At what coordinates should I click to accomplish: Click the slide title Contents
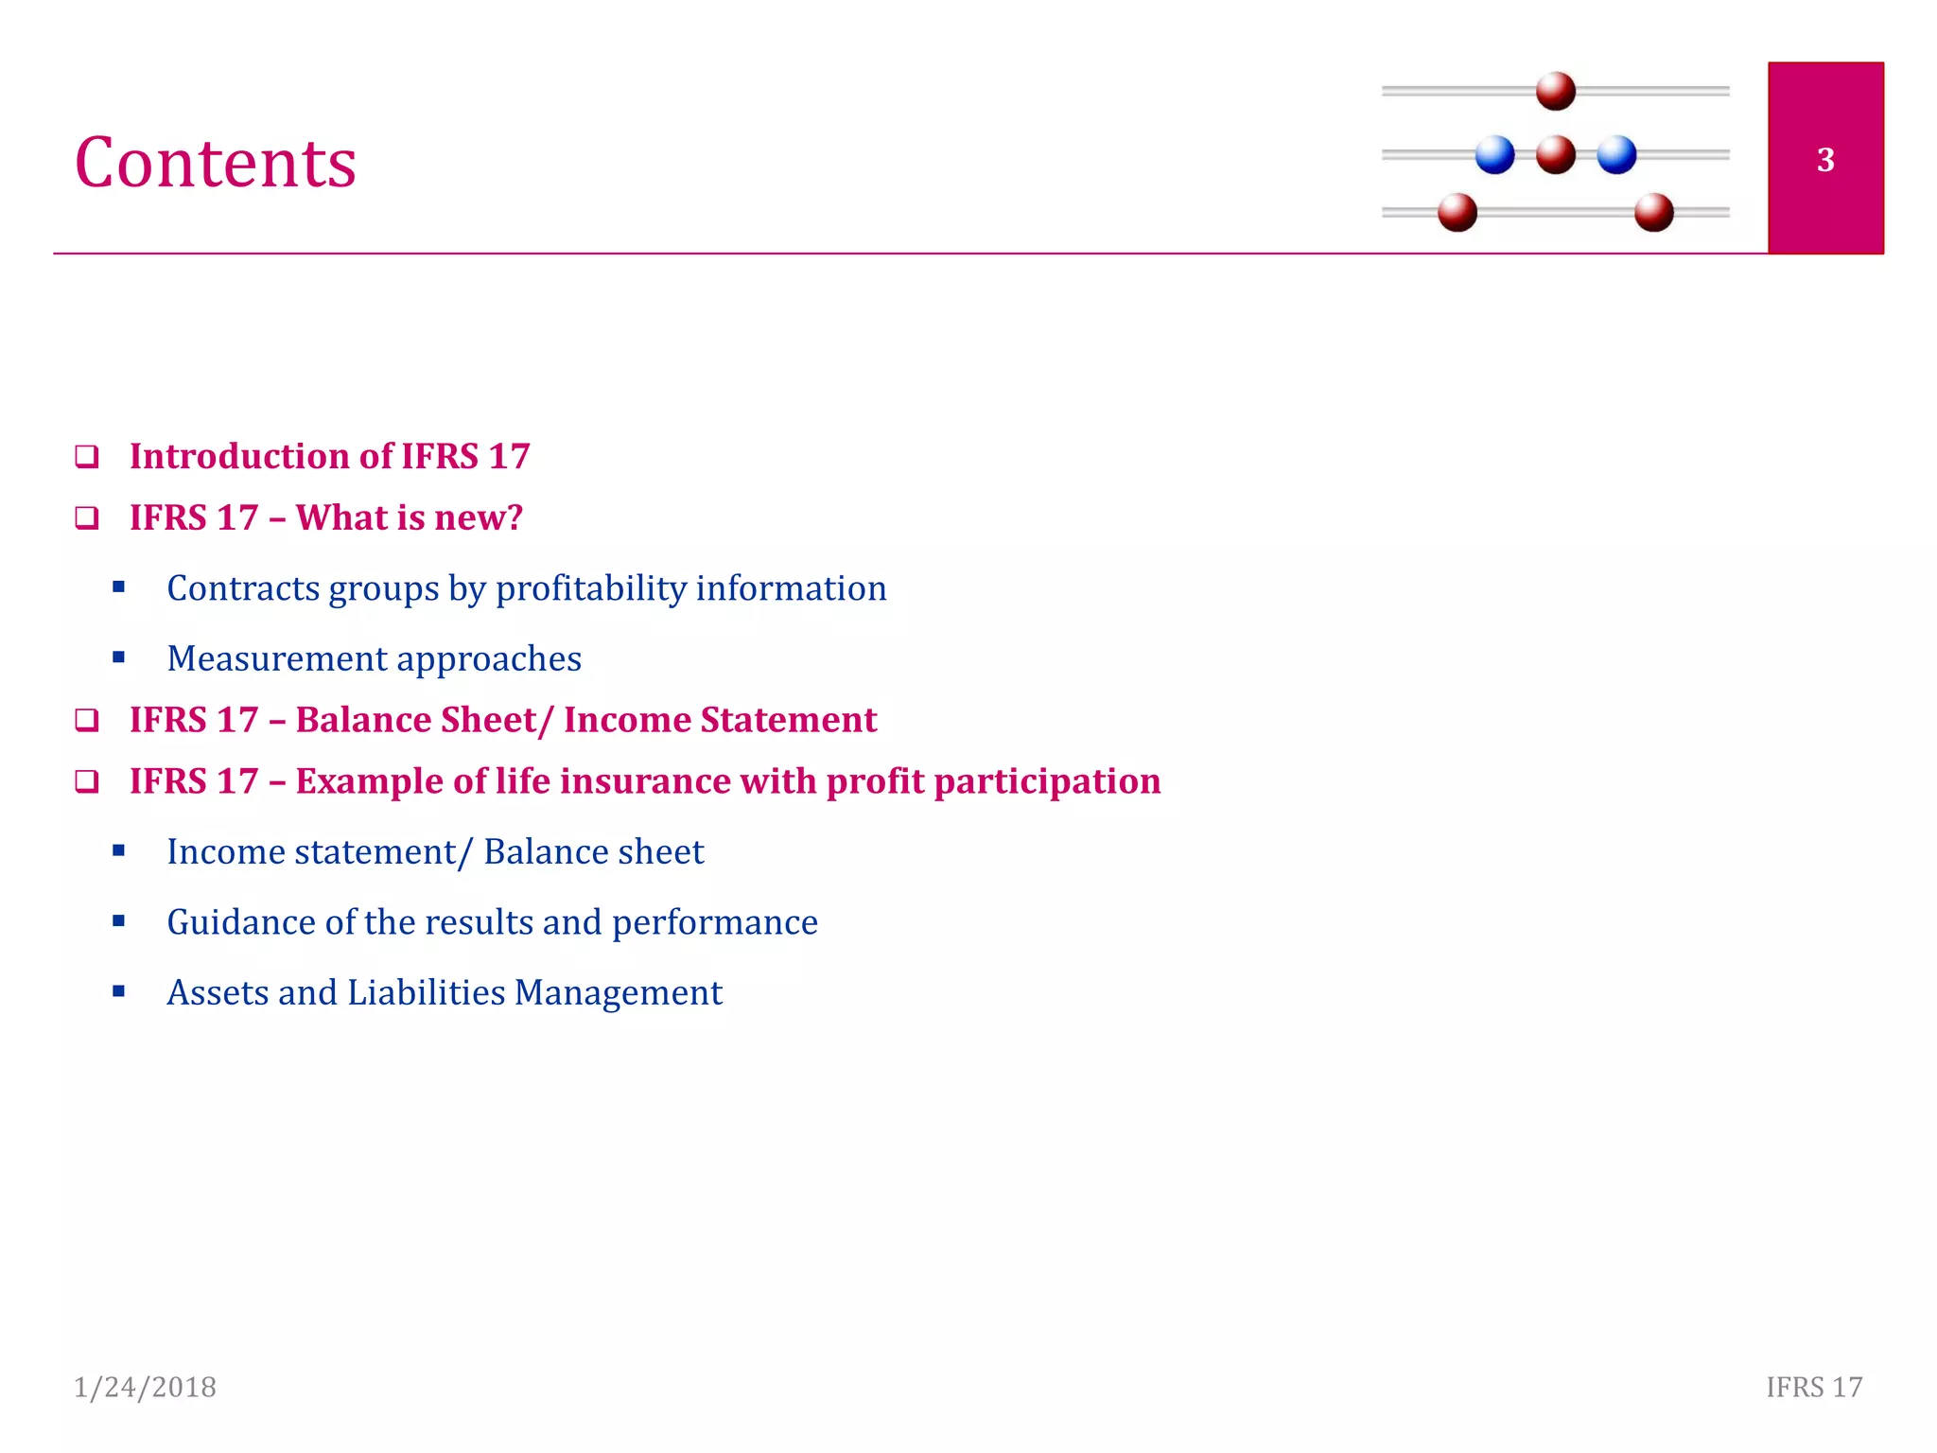pyautogui.click(x=216, y=163)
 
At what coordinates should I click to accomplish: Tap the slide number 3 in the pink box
pyautogui.click(x=1825, y=160)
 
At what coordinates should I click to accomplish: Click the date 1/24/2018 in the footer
pyautogui.click(x=145, y=1387)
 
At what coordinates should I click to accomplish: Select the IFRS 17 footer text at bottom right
pyautogui.click(x=1814, y=1387)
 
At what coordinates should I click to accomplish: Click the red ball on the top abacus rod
pyautogui.click(x=1555, y=91)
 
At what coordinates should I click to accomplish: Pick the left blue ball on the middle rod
pyautogui.click(x=1494, y=155)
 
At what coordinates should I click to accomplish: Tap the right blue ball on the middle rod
pyautogui.click(x=1616, y=155)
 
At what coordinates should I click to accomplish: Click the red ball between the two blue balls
pyautogui.click(x=1555, y=155)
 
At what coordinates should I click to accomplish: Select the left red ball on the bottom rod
pyautogui.click(x=1457, y=212)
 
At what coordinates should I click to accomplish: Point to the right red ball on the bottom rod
pyautogui.click(x=1653, y=212)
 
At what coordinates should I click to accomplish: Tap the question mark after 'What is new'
pyautogui.click(x=515, y=518)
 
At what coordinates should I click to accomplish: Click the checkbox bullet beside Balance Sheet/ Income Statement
pyautogui.click(x=87, y=721)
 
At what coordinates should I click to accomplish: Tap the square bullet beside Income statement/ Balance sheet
pyautogui.click(x=118, y=850)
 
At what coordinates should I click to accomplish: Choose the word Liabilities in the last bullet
pyautogui.click(x=426, y=993)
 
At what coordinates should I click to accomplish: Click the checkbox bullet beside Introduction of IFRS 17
pyautogui.click(x=87, y=457)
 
